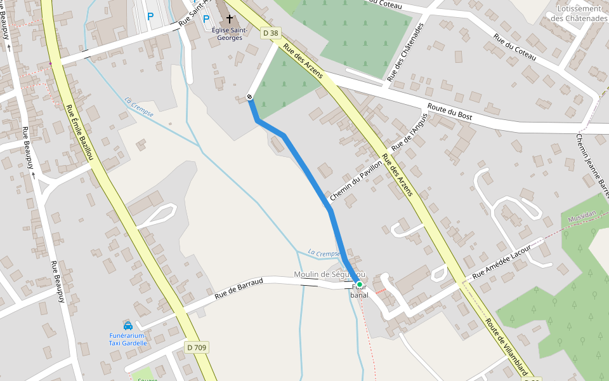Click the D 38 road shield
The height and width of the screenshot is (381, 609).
click(x=270, y=32)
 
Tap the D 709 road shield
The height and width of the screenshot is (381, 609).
click(x=197, y=347)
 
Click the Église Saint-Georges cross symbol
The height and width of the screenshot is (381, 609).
click(x=229, y=20)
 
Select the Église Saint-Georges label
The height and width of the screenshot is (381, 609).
click(x=229, y=34)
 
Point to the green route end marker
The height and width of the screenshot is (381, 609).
click(x=359, y=284)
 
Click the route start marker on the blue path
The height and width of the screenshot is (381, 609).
click(x=249, y=97)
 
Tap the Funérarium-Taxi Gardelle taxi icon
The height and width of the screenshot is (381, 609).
click(x=128, y=325)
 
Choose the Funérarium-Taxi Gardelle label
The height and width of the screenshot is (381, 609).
click(x=128, y=339)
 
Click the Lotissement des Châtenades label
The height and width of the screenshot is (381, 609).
click(x=579, y=13)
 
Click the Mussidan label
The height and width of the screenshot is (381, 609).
click(x=582, y=217)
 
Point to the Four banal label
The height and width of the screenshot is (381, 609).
click(x=359, y=291)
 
